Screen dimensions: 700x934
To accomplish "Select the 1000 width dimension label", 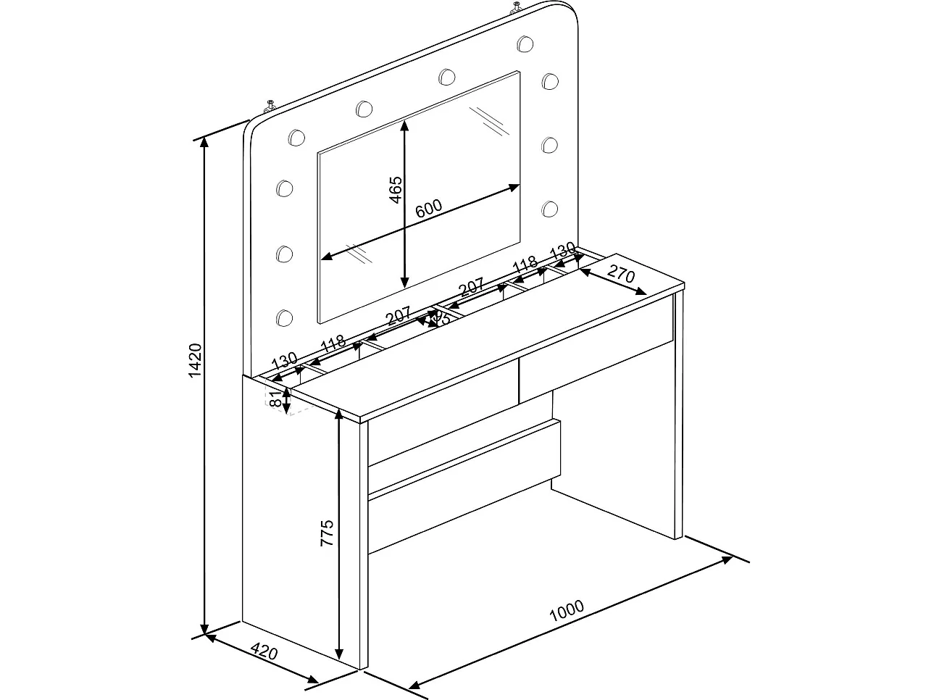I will tap(567, 612).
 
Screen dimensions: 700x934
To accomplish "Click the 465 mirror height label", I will tap(394, 190).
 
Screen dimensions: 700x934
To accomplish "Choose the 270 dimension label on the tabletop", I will tap(621, 275).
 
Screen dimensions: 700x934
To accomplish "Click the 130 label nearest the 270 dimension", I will tap(562, 254).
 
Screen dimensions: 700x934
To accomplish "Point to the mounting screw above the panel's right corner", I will tap(516, 9).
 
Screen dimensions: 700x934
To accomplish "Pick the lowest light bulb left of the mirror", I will tap(284, 317).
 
